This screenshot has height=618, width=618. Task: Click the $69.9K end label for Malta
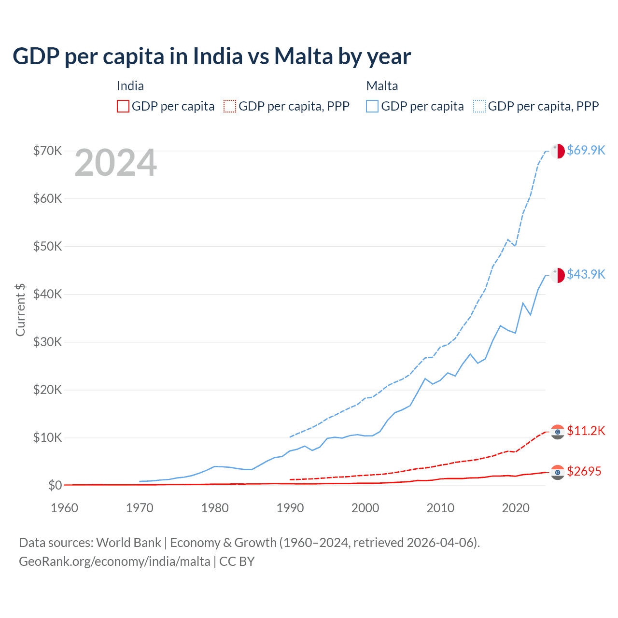(x=586, y=150)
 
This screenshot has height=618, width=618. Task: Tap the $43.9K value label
(x=586, y=274)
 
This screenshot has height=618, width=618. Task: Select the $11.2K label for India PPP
(x=586, y=431)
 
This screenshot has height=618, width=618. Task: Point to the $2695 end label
(x=584, y=471)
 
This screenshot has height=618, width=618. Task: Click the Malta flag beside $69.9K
(x=558, y=151)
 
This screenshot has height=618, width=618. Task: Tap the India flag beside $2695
(x=558, y=472)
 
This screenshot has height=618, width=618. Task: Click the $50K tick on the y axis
(x=47, y=246)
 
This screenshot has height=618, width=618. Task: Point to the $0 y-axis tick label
(x=55, y=485)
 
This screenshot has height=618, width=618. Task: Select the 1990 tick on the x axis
(x=290, y=508)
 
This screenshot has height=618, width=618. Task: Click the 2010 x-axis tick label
(x=440, y=508)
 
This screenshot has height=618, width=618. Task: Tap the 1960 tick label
(x=64, y=508)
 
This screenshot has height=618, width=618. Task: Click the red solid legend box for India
(x=123, y=106)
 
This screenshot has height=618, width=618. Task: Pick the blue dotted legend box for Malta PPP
(x=479, y=106)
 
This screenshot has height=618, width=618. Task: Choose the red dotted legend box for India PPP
(x=230, y=106)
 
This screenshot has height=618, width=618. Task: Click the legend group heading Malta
(x=382, y=86)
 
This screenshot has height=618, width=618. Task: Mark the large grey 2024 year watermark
(x=115, y=163)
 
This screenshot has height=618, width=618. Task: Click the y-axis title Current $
(x=20, y=309)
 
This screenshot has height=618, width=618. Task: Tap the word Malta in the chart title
(x=304, y=56)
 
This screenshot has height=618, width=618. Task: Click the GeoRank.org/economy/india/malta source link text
(x=114, y=562)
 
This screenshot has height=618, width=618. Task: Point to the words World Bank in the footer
(x=128, y=543)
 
